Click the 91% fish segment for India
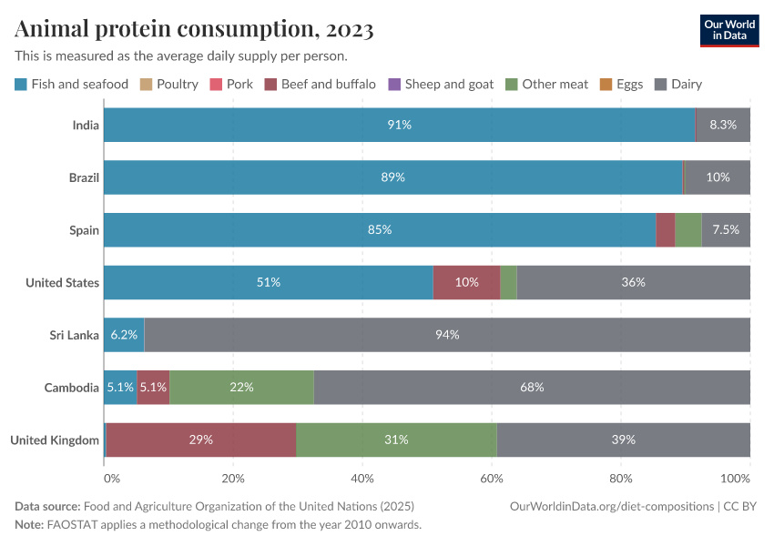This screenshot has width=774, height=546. pyautogui.click(x=399, y=125)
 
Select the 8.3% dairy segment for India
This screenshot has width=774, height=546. pyautogui.click(x=723, y=125)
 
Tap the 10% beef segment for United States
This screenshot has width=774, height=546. pyautogui.click(x=466, y=282)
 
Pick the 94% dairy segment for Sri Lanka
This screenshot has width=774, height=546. pyautogui.click(x=446, y=335)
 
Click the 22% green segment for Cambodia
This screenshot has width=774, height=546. pyautogui.click(x=241, y=388)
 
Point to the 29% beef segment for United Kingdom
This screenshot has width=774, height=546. pyautogui.click(x=201, y=440)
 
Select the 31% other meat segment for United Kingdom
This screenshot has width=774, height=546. pyautogui.click(x=396, y=440)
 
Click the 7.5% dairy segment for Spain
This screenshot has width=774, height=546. pyautogui.click(x=726, y=229)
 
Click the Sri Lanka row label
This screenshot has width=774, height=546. pyautogui.click(x=74, y=335)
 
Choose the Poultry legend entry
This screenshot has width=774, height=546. pyautogui.click(x=169, y=84)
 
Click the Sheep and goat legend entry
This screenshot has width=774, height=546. pyautogui.click(x=441, y=84)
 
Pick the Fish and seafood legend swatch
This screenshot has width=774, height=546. pyautogui.click(x=21, y=84)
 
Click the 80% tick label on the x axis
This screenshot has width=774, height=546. pyautogui.click(x=621, y=478)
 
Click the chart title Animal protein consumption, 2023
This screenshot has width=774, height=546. pyautogui.click(x=194, y=29)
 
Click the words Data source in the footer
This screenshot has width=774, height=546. pyautogui.click(x=46, y=506)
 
